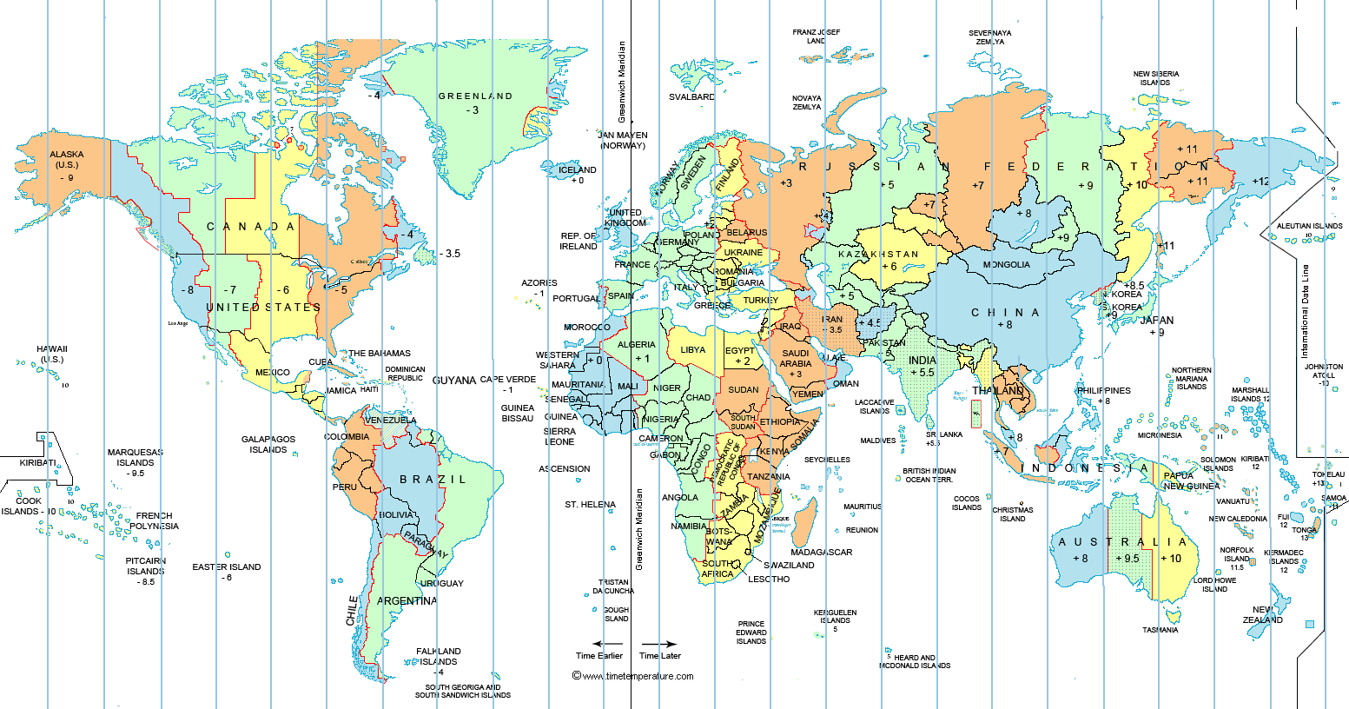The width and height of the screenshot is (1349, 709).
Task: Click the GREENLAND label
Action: (475, 96)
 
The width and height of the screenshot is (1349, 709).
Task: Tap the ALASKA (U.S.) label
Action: (67, 160)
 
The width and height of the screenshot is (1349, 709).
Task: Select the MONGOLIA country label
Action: (1007, 265)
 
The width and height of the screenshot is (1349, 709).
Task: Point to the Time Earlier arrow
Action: (598, 644)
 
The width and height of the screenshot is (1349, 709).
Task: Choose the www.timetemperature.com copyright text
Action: (633, 676)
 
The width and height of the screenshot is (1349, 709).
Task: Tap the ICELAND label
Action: (578, 170)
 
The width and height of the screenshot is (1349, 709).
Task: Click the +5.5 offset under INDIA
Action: (922, 373)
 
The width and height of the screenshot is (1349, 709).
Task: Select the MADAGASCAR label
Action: (821, 553)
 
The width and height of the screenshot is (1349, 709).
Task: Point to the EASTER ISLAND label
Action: (227, 567)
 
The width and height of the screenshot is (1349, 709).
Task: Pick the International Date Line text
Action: (1305, 312)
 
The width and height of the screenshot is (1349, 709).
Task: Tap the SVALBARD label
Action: (692, 97)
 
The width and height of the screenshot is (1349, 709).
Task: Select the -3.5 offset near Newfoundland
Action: (449, 254)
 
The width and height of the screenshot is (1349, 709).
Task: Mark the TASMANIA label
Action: (1161, 630)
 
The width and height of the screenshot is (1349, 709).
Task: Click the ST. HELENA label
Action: (590, 505)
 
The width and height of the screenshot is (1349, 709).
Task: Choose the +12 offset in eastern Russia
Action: (1260, 182)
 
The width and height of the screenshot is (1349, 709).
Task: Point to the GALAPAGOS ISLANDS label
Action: (268, 445)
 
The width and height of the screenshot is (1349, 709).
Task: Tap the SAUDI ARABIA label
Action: (796, 358)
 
